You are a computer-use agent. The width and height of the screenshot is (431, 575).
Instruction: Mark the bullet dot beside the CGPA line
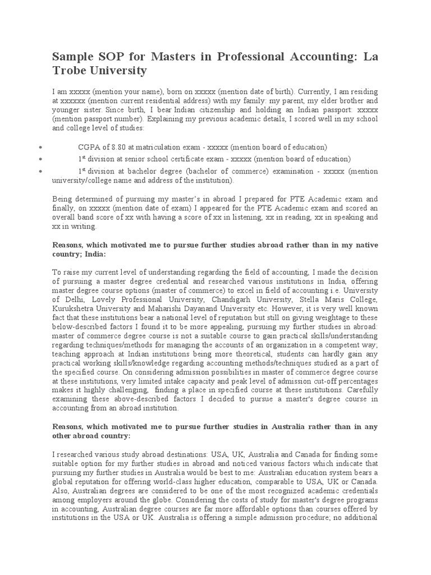(x=42, y=147)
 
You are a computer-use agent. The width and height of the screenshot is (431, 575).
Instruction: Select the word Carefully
(x=360, y=390)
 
